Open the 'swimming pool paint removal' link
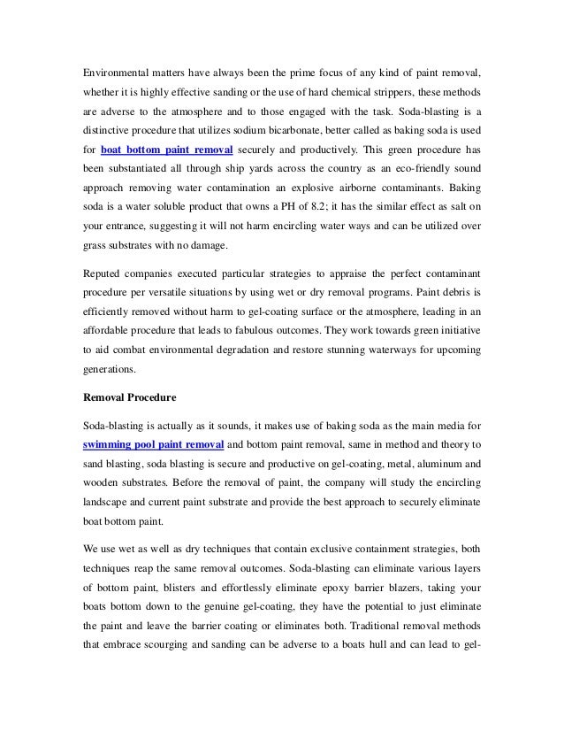[146, 442]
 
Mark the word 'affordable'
[100, 327]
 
